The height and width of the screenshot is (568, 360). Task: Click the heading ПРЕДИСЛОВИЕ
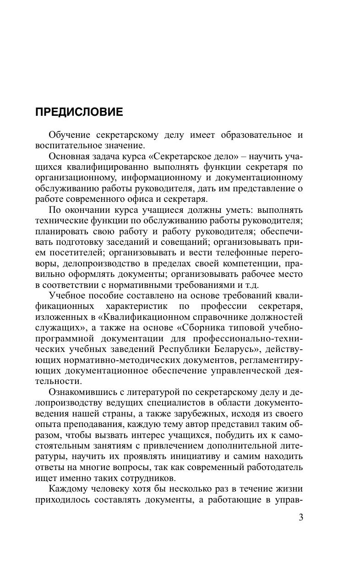pos(79,112)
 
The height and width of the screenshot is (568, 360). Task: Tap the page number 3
pos(300,517)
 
